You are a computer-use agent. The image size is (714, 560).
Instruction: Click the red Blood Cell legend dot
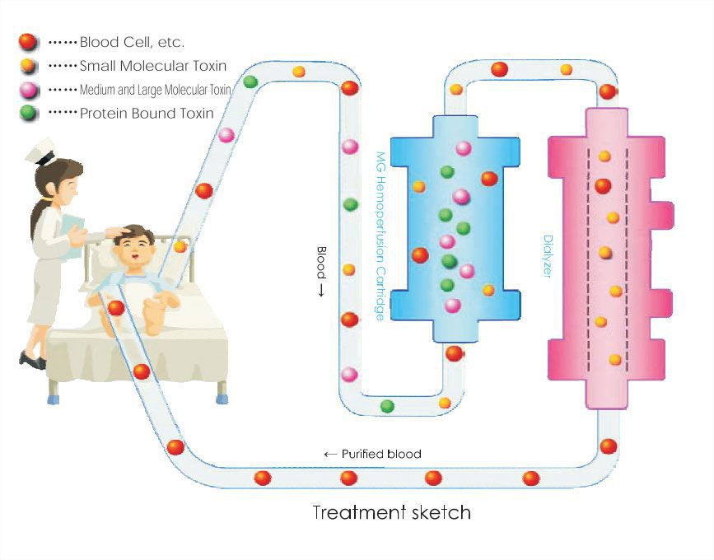[29, 40]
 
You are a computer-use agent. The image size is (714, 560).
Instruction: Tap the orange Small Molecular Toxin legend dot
[29, 64]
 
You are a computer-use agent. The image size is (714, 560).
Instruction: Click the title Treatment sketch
[391, 512]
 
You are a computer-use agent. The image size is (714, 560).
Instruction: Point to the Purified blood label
[372, 454]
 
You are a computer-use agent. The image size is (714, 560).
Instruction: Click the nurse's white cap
[40, 153]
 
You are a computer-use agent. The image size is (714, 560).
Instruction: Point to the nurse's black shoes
[33, 360]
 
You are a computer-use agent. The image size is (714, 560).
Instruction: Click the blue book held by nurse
[72, 234]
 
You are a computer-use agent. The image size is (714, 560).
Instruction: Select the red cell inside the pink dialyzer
[603, 186]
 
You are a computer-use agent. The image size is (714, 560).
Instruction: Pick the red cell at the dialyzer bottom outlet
[608, 446]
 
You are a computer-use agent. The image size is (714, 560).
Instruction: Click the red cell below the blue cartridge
[454, 353]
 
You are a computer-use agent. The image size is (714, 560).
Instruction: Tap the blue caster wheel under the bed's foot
[221, 398]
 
